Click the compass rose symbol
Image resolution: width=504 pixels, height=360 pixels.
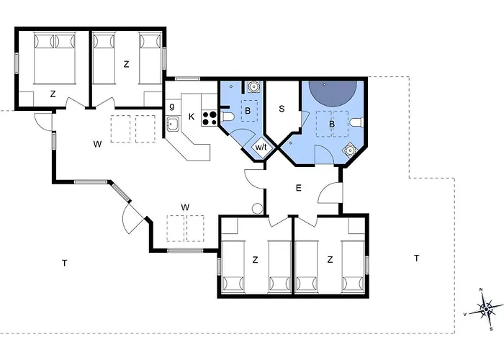click(x=486, y=309)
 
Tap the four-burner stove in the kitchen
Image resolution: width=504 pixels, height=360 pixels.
click(x=210, y=118)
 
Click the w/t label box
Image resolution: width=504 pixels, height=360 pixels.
click(x=261, y=147)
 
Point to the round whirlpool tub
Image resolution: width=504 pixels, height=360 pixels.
click(x=333, y=93)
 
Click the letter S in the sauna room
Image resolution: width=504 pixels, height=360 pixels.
click(x=282, y=109)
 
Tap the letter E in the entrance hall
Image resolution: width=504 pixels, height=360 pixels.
click(x=299, y=188)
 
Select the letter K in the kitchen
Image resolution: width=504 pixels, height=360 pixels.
click(x=192, y=117)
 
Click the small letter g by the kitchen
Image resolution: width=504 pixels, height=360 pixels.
click(x=172, y=106)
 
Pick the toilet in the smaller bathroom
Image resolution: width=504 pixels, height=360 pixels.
click(x=227, y=117)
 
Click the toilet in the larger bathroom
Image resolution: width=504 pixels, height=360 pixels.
click(x=356, y=122)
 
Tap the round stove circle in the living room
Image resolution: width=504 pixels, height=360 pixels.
click(x=258, y=209)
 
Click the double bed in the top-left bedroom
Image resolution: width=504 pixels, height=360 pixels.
click(x=55, y=58)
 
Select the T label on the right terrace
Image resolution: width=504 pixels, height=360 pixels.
click(x=417, y=258)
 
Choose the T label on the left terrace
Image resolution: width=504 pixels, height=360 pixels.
click(x=65, y=264)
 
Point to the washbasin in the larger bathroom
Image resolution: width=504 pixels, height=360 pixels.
click(x=349, y=150)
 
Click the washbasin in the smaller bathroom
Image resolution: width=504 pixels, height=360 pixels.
click(x=254, y=86)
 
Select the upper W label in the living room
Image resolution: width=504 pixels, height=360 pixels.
click(x=97, y=144)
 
